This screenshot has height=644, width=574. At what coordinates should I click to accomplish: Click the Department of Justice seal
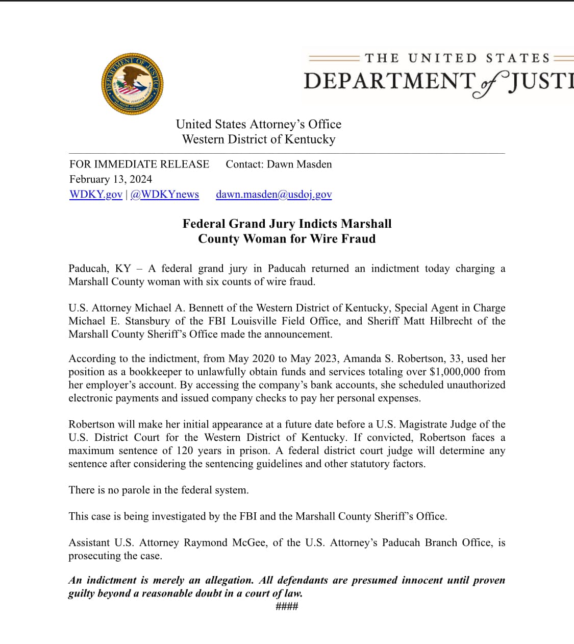(x=133, y=83)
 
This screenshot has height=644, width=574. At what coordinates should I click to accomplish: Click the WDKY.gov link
(x=96, y=195)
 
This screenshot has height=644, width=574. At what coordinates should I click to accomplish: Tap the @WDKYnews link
(x=165, y=195)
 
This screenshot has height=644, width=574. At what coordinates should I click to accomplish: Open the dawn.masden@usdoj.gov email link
(x=273, y=195)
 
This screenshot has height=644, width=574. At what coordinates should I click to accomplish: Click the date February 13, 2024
(x=111, y=179)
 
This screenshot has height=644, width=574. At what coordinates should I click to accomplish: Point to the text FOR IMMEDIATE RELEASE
(x=139, y=164)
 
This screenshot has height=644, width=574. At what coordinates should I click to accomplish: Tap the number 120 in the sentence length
(x=186, y=451)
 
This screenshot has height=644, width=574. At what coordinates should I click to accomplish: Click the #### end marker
(x=287, y=607)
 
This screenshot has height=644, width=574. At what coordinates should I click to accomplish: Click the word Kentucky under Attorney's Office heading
(x=310, y=139)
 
